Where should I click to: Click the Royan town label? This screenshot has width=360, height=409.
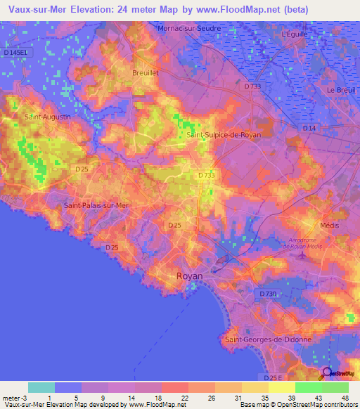pos(189,276)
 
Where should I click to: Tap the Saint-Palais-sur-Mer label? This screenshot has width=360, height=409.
pos(96,205)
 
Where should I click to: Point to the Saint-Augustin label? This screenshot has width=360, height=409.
pos(47,117)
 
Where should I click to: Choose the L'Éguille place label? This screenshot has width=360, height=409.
pos(295,34)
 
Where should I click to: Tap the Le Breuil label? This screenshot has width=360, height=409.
pos(340,90)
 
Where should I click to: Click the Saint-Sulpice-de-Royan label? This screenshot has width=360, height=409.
pos(224,135)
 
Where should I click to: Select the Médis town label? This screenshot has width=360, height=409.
pos(329,225)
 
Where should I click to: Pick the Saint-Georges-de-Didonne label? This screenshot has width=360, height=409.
pos(268,339)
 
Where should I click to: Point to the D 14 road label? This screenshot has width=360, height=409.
pos(310,128)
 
